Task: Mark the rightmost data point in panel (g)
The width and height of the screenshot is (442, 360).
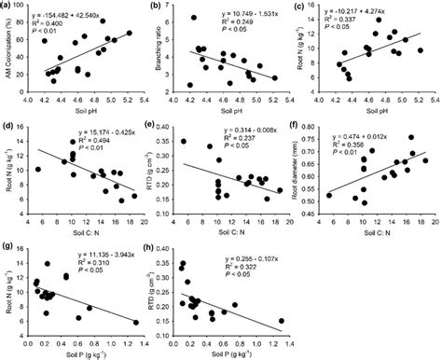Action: click(x=135, y=322)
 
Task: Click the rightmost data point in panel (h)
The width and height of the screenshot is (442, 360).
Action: click(x=281, y=321)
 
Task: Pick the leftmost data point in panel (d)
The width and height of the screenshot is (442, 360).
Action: click(x=38, y=169)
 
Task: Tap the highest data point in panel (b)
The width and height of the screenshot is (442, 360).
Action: click(x=193, y=18)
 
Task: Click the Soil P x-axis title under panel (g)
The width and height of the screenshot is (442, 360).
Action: click(x=84, y=353)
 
